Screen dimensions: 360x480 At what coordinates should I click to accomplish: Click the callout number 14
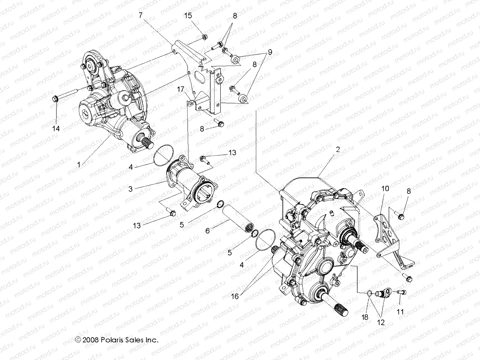click(x=56, y=128)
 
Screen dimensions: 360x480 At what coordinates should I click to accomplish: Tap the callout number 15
click(x=188, y=15)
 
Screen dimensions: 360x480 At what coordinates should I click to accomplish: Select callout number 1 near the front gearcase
click(x=79, y=164)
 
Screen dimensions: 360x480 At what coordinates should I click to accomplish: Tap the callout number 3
click(x=130, y=189)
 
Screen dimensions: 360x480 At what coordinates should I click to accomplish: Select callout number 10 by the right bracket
click(x=385, y=188)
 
